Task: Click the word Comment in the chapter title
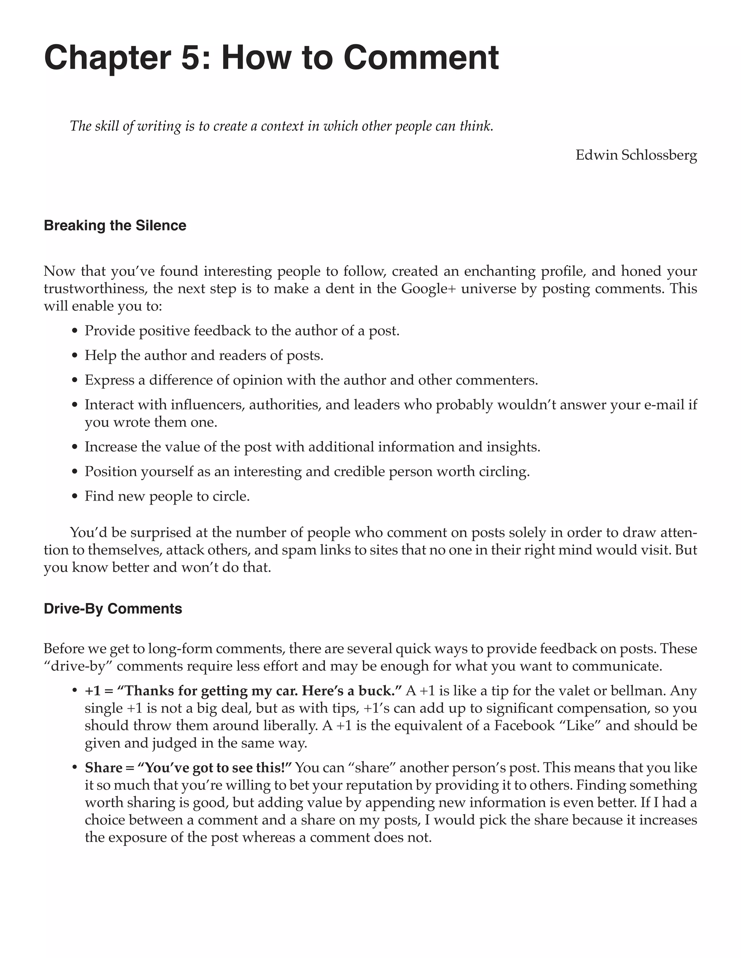point(420,58)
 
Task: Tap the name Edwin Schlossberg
point(636,155)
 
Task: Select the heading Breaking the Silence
point(115,226)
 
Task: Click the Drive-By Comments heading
point(113,609)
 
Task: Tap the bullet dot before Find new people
point(75,497)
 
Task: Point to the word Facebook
point(524,726)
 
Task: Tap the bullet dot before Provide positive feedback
point(75,331)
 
